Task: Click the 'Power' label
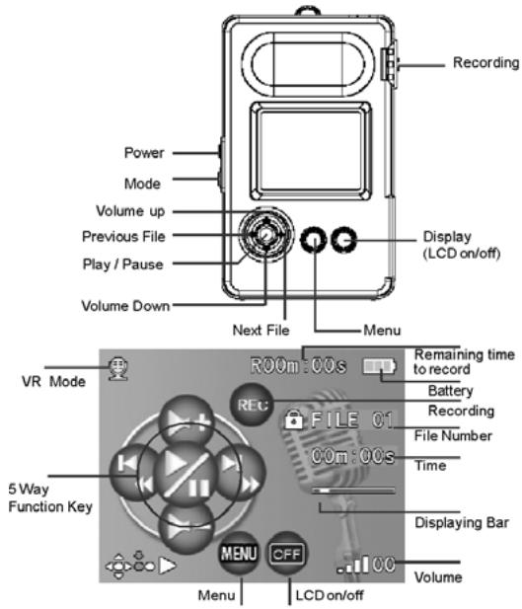click(x=145, y=153)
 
